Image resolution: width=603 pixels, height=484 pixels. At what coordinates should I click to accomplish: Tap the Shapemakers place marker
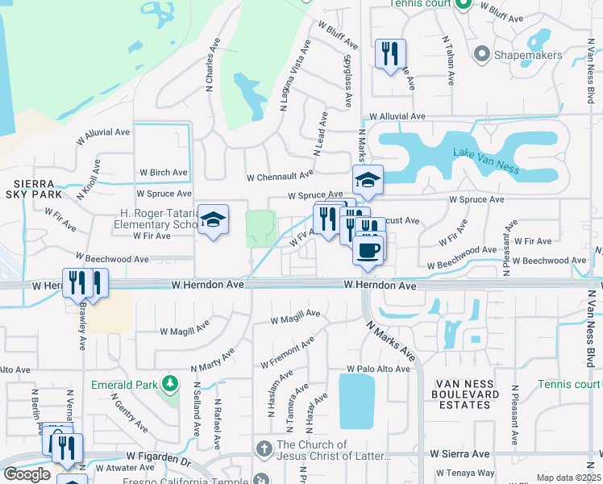482,54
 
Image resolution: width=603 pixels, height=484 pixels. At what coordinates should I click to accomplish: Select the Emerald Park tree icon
169,382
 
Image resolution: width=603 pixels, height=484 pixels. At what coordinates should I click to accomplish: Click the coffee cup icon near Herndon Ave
369,249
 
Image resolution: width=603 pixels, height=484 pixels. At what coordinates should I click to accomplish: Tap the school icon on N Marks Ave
368,180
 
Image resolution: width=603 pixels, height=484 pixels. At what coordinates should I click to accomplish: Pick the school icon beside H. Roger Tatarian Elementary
213,219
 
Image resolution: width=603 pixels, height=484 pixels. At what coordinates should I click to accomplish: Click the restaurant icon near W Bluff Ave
390,54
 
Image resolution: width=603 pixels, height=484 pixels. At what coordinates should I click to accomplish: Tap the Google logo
27,474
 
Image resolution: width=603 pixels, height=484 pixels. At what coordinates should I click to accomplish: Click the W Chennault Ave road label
280,175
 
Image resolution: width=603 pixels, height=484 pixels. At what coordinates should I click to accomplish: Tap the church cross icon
264,448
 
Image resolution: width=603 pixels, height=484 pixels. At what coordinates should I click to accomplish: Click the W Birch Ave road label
163,172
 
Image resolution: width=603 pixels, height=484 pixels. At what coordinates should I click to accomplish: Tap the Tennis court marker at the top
464,4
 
